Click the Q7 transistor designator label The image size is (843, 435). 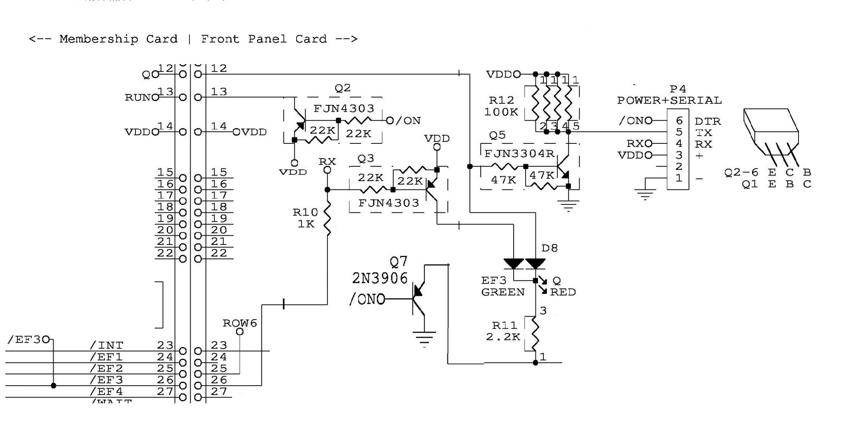pos(398,261)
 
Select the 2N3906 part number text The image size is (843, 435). pos(380,278)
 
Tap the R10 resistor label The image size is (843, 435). pos(305,212)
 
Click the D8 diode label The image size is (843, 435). pos(549,248)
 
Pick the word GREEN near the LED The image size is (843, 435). pos(503,292)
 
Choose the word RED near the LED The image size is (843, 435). pos(563,292)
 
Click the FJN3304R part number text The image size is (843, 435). pos(519,154)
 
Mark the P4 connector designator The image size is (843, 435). pos(678,89)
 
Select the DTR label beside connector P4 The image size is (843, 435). pos(708,121)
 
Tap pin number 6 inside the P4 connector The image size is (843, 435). pos(679,121)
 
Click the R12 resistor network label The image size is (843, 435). pos(501,100)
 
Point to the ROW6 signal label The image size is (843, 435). pos(240,323)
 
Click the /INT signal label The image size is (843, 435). pos(107,346)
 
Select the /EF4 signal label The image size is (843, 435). pos(107,392)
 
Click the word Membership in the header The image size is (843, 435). pos(98,39)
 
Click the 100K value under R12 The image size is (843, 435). pos(501,112)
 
